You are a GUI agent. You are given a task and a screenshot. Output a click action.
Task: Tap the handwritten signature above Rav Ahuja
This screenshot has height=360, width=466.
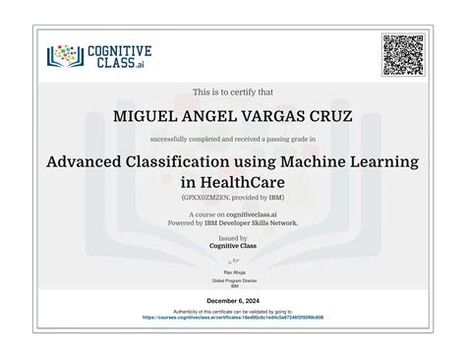233,260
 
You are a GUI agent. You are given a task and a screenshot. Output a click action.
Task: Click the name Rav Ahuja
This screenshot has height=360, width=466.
233,270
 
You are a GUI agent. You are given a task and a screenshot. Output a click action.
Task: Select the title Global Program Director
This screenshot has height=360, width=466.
233,279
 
